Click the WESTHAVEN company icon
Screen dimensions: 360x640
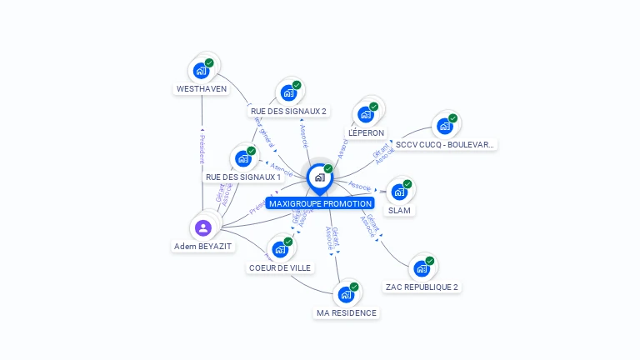point(202,70)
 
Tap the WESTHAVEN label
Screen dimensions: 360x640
point(202,88)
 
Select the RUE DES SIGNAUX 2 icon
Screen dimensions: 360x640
point(288,92)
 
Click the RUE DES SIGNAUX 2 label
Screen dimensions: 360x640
point(288,111)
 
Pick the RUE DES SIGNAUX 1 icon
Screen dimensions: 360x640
point(243,158)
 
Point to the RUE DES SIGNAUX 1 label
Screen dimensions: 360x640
point(243,177)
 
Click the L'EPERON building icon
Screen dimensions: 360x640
point(366,114)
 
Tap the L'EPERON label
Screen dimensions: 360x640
point(366,132)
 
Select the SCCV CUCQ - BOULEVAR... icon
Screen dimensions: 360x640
point(445,126)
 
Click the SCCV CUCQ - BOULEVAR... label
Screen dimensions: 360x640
point(445,144)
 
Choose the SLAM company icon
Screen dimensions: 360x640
point(400,192)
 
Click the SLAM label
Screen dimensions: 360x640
point(400,211)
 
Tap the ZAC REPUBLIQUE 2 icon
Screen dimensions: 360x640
point(422,268)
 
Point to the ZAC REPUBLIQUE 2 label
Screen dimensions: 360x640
point(422,287)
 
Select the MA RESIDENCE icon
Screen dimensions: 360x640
point(347,294)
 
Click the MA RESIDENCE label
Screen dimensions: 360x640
point(347,312)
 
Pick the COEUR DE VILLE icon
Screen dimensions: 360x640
point(280,249)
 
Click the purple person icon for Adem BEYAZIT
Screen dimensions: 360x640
point(203,227)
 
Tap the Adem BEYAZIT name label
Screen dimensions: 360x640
point(203,246)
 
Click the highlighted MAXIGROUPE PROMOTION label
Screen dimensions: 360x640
point(321,203)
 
